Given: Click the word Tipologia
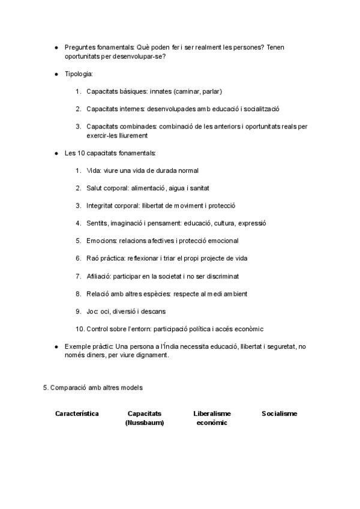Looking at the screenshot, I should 78,74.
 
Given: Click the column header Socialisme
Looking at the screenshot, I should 279,414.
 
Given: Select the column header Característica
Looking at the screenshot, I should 77,414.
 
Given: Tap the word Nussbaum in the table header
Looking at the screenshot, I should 145,423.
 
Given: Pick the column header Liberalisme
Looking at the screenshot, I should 212,414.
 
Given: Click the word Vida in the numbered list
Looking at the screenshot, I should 94,170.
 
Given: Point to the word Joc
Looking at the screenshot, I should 92,312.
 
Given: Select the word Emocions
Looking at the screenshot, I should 101,241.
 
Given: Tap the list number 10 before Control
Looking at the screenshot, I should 80,329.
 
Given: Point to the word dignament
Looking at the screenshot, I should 153,355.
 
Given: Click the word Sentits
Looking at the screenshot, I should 97,223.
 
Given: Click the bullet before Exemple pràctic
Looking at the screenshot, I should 56,346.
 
